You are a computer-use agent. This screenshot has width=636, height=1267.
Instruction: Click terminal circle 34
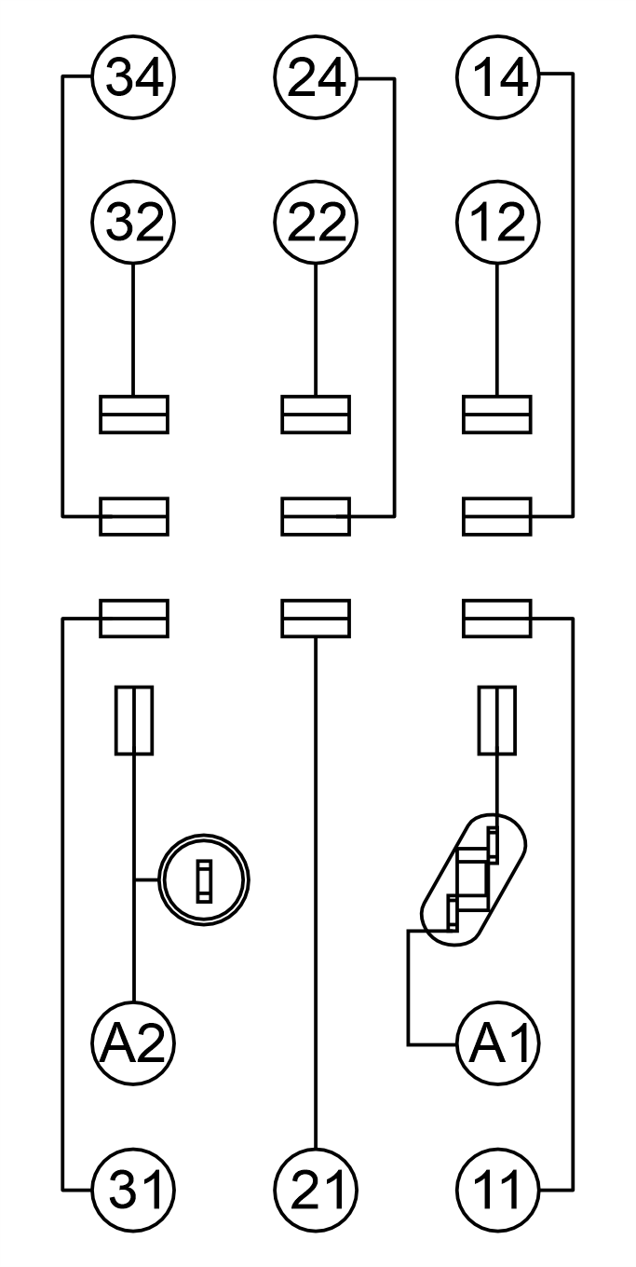click(133, 76)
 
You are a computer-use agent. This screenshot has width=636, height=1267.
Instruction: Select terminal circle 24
click(316, 76)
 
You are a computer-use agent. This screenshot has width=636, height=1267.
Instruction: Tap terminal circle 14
click(498, 76)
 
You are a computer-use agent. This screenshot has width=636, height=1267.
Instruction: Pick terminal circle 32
click(133, 223)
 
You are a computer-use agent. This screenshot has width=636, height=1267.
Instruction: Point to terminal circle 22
click(316, 223)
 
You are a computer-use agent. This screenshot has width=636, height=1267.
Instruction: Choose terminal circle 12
click(498, 223)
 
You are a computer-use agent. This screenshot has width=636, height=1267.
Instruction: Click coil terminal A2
click(133, 1042)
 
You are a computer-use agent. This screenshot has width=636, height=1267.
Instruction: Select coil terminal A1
click(498, 1042)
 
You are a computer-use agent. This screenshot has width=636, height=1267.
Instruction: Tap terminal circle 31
click(133, 1190)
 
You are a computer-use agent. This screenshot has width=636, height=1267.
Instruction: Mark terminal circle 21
click(316, 1190)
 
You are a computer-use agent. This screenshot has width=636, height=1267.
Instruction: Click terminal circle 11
click(498, 1190)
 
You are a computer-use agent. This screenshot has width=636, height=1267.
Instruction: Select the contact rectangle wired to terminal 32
click(134, 415)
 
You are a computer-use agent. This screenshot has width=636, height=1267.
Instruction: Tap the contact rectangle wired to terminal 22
click(316, 415)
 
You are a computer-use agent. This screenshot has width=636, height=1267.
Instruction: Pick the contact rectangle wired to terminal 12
click(497, 415)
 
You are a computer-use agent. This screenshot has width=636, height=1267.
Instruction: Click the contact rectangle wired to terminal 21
click(316, 619)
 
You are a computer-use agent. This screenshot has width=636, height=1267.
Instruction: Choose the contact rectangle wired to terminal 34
click(134, 516)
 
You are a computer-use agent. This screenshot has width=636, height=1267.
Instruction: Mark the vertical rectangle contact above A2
click(134, 721)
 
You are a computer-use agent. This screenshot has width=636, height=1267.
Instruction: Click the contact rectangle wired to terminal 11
click(497, 619)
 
